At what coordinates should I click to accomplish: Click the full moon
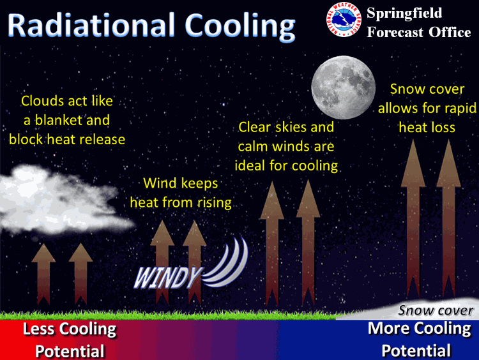point(344,87)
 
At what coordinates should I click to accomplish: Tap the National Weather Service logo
point(344,19)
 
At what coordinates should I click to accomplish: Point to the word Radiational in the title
point(91,25)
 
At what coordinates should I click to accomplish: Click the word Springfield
point(404,13)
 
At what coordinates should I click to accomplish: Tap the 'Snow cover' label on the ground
point(436,310)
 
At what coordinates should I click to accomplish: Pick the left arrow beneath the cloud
point(43,274)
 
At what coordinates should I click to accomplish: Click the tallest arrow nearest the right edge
point(448,219)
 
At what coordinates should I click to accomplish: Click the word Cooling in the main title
point(240,27)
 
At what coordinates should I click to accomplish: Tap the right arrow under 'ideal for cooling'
point(308,243)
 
